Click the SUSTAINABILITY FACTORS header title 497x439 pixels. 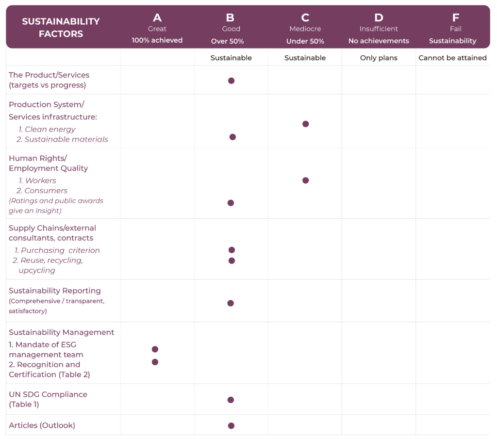[x=61, y=28]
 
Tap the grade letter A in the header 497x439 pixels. [x=157, y=18]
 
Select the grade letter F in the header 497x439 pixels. [x=455, y=18]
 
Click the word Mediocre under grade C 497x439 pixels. [x=305, y=29]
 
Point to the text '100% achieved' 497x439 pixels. [x=157, y=41]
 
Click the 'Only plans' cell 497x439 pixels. [x=379, y=58]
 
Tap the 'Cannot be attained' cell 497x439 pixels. [x=452, y=58]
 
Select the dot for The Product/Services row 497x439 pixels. [x=231, y=81]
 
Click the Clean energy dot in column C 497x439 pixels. [x=305, y=124]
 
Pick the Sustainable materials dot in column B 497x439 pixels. [x=232, y=137]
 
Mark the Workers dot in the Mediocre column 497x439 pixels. [x=305, y=180]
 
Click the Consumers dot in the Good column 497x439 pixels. [x=231, y=203]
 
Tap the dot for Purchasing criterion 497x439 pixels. [x=232, y=250]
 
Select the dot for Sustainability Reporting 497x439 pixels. [x=231, y=303]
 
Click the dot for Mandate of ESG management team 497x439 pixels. [x=155, y=349]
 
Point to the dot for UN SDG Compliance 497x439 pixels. [x=231, y=400]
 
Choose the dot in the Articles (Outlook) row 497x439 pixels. [x=231, y=426]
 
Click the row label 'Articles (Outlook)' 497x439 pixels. [x=42, y=425]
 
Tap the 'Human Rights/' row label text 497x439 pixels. [x=38, y=158]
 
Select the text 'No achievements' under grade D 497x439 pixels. [x=379, y=41]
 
